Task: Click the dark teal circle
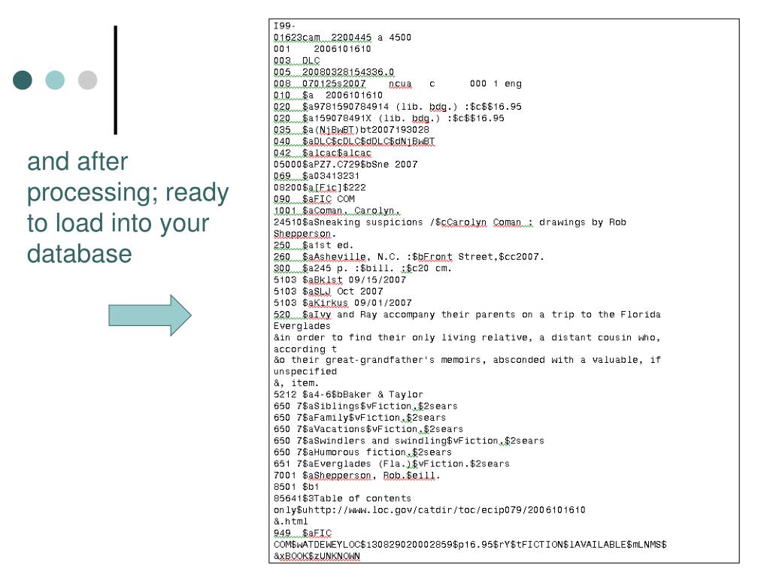(23, 80)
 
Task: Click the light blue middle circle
(56, 80)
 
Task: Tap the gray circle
(88, 80)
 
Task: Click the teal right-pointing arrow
(151, 314)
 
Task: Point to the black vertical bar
(116, 80)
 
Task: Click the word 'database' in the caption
(79, 255)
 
